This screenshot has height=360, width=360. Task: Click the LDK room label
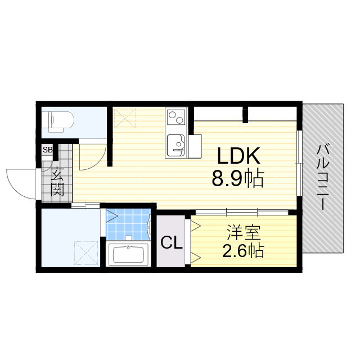[238, 156]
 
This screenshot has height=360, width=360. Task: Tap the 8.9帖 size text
[237, 178]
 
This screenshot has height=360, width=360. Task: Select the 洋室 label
[244, 232]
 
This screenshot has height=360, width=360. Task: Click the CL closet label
[172, 242]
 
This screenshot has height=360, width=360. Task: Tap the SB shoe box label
[48, 150]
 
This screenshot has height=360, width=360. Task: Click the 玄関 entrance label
[57, 181]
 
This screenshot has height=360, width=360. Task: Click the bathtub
[128, 254]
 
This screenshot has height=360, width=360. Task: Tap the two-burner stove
[176, 118]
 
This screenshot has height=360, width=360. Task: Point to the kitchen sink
[176, 145]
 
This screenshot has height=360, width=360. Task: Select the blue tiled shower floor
[127, 224]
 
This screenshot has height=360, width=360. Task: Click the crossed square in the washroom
[86, 253]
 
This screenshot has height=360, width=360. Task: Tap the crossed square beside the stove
[125, 118]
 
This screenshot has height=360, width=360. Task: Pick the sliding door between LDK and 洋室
[242, 211]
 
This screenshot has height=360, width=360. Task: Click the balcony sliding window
[299, 163]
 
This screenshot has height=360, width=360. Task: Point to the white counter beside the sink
[195, 146]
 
